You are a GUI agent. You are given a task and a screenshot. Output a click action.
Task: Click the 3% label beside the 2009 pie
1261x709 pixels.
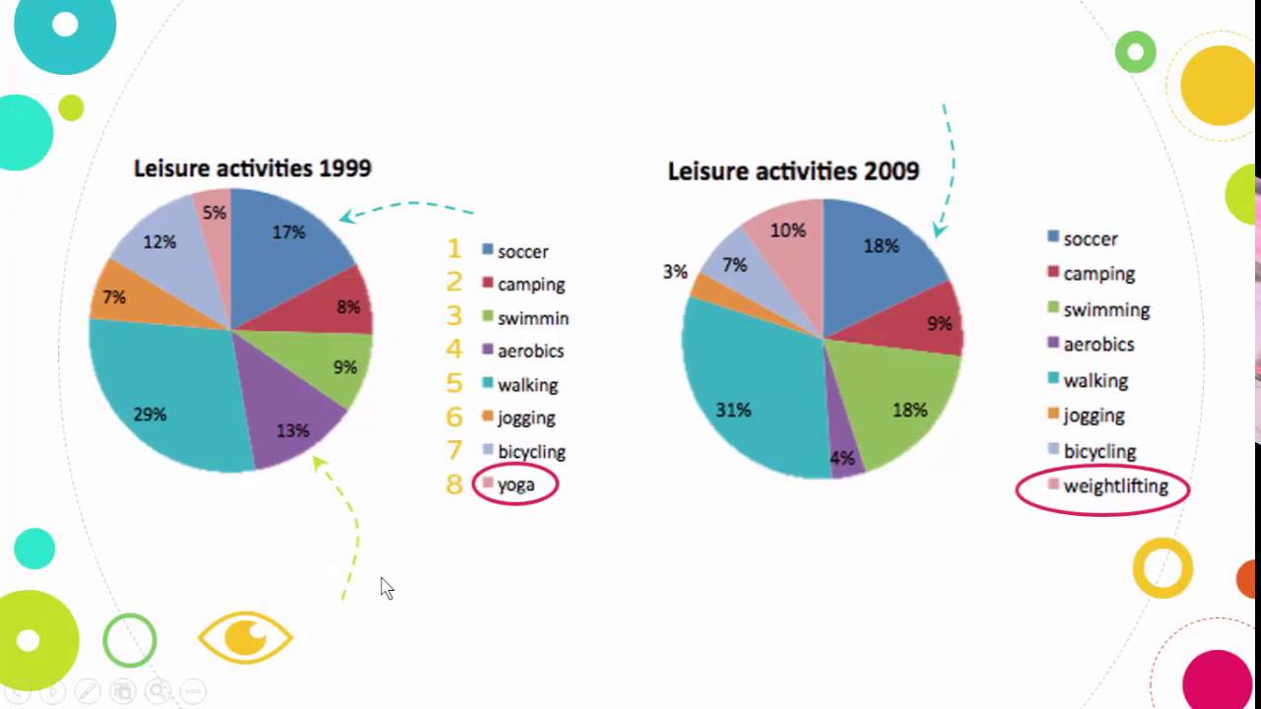[x=675, y=272]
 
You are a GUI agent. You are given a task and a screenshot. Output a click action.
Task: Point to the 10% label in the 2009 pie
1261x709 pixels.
[x=788, y=230]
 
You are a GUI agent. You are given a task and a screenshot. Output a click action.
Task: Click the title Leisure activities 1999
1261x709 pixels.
[x=252, y=168]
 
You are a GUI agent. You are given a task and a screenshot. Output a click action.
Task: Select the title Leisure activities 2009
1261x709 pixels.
[x=793, y=171]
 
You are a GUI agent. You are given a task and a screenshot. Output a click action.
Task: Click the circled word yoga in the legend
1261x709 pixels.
[x=516, y=484]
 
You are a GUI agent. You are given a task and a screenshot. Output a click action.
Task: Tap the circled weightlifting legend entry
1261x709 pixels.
[x=1115, y=486]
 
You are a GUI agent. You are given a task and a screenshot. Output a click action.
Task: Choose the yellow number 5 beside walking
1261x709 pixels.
[x=454, y=383]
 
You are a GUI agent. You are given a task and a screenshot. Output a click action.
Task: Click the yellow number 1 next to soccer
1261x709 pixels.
[x=454, y=249]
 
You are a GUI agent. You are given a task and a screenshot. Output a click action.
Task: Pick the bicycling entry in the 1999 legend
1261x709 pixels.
[x=531, y=452]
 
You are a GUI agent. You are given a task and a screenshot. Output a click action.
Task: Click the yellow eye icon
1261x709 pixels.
[x=245, y=637]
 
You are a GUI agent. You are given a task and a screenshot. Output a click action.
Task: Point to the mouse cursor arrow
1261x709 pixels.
[x=385, y=587]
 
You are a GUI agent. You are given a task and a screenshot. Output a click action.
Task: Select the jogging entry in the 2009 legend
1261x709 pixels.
[x=1094, y=416]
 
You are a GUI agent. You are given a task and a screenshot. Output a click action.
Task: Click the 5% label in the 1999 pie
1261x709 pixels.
[x=214, y=213]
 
